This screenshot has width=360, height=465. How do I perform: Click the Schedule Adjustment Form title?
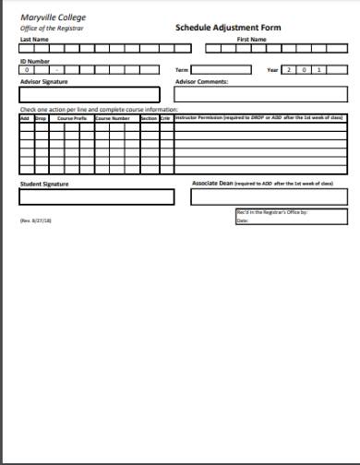(x=228, y=28)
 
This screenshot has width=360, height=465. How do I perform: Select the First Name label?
(x=251, y=40)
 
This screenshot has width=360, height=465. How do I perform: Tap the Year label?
(x=272, y=69)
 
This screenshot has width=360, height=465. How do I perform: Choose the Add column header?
(x=26, y=118)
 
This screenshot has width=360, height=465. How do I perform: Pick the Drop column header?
(x=41, y=118)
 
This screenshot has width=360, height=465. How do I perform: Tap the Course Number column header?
(x=114, y=118)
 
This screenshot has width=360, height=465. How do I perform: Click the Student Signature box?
(x=96, y=196)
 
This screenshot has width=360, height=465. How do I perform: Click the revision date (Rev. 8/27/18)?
(x=36, y=221)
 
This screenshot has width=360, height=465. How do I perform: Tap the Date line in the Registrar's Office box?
(x=277, y=221)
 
